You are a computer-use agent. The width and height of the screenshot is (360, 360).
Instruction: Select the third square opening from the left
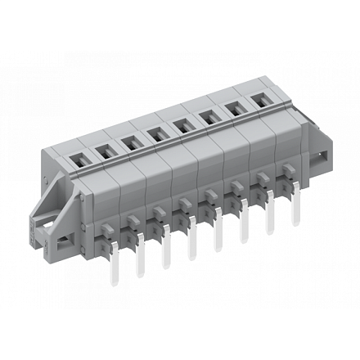(129, 141)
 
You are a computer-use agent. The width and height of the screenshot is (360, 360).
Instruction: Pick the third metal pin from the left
(167, 253)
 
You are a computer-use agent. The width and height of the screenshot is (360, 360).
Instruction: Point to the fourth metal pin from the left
(193, 245)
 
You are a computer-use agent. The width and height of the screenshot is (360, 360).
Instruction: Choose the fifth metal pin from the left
(218, 237)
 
